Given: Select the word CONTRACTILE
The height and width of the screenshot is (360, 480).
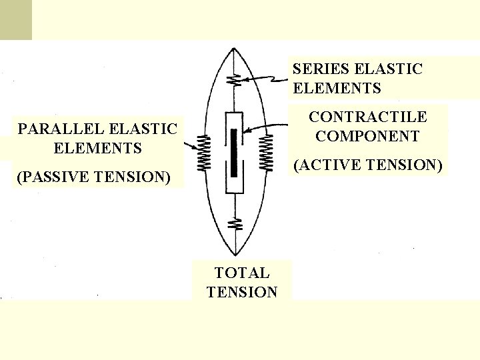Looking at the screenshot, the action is (367, 117).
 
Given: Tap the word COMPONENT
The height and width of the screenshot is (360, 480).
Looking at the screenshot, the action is (367, 137).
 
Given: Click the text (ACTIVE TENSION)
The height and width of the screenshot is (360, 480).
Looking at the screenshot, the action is (368, 165).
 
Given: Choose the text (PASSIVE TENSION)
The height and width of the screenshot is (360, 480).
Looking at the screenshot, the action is (93, 177).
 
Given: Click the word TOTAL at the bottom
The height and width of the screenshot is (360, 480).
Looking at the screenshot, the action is (241, 273).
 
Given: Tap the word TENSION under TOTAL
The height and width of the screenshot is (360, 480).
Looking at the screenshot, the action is (241, 292).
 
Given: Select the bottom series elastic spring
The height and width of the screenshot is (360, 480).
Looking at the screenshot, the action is (234, 223).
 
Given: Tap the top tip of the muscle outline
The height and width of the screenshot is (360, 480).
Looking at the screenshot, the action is (233, 49).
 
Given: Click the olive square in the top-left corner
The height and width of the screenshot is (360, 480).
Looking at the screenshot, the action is (15, 19).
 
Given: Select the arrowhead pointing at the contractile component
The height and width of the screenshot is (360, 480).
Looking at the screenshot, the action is (245, 131).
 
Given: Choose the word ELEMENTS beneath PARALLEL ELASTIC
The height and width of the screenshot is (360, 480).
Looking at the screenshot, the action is (97, 147).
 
